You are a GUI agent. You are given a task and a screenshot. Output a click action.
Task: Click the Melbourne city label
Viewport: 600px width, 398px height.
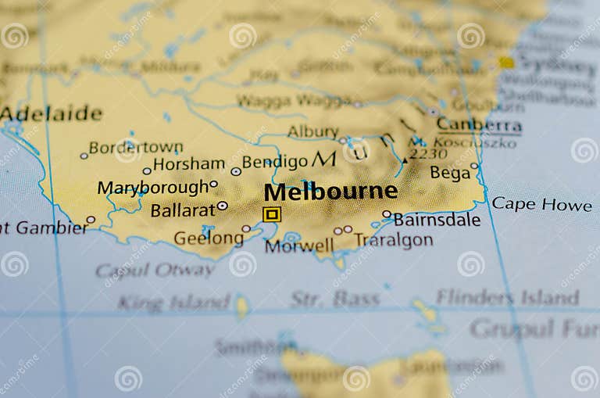(x=330, y=192)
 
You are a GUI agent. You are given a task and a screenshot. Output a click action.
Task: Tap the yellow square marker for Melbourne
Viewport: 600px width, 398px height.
(x=271, y=214)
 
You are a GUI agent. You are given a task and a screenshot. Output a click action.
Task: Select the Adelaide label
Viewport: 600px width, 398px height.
(x=52, y=114)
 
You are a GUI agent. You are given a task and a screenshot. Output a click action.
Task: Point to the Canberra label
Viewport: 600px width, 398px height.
(x=479, y=124)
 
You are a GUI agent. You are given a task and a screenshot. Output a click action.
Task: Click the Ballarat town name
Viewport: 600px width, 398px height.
(x=183, y=210)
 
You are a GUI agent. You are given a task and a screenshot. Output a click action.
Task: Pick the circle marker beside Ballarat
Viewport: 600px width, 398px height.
(x=222, y=206)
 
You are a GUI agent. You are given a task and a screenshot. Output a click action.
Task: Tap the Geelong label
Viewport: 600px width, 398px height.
(x=208, y=238)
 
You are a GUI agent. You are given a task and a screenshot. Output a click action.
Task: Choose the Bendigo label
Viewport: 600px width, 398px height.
(x=274, y=162)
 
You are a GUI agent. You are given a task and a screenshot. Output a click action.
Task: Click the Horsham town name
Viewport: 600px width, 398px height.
(x=188, y=164)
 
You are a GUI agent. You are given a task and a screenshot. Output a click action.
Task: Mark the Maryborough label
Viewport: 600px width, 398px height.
(x=153, y=188)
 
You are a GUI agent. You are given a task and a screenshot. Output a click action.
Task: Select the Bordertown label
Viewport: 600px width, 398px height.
(x=135, y=147)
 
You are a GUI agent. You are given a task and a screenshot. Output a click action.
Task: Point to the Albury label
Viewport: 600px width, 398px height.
(x=312, y=131)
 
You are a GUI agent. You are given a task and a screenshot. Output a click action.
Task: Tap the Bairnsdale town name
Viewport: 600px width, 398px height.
(x=437, y=220)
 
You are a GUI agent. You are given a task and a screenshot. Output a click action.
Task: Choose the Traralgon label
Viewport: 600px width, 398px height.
(x=394, y=240)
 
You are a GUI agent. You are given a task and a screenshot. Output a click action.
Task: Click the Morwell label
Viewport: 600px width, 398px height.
(x=298, y=246)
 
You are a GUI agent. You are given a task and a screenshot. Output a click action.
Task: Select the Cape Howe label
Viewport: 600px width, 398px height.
(x=541, y=205)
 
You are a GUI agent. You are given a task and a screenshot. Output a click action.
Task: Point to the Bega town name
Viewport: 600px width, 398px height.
(x=450, y=173)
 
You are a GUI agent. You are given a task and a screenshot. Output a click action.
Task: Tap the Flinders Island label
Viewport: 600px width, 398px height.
(x=507, y=297)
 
